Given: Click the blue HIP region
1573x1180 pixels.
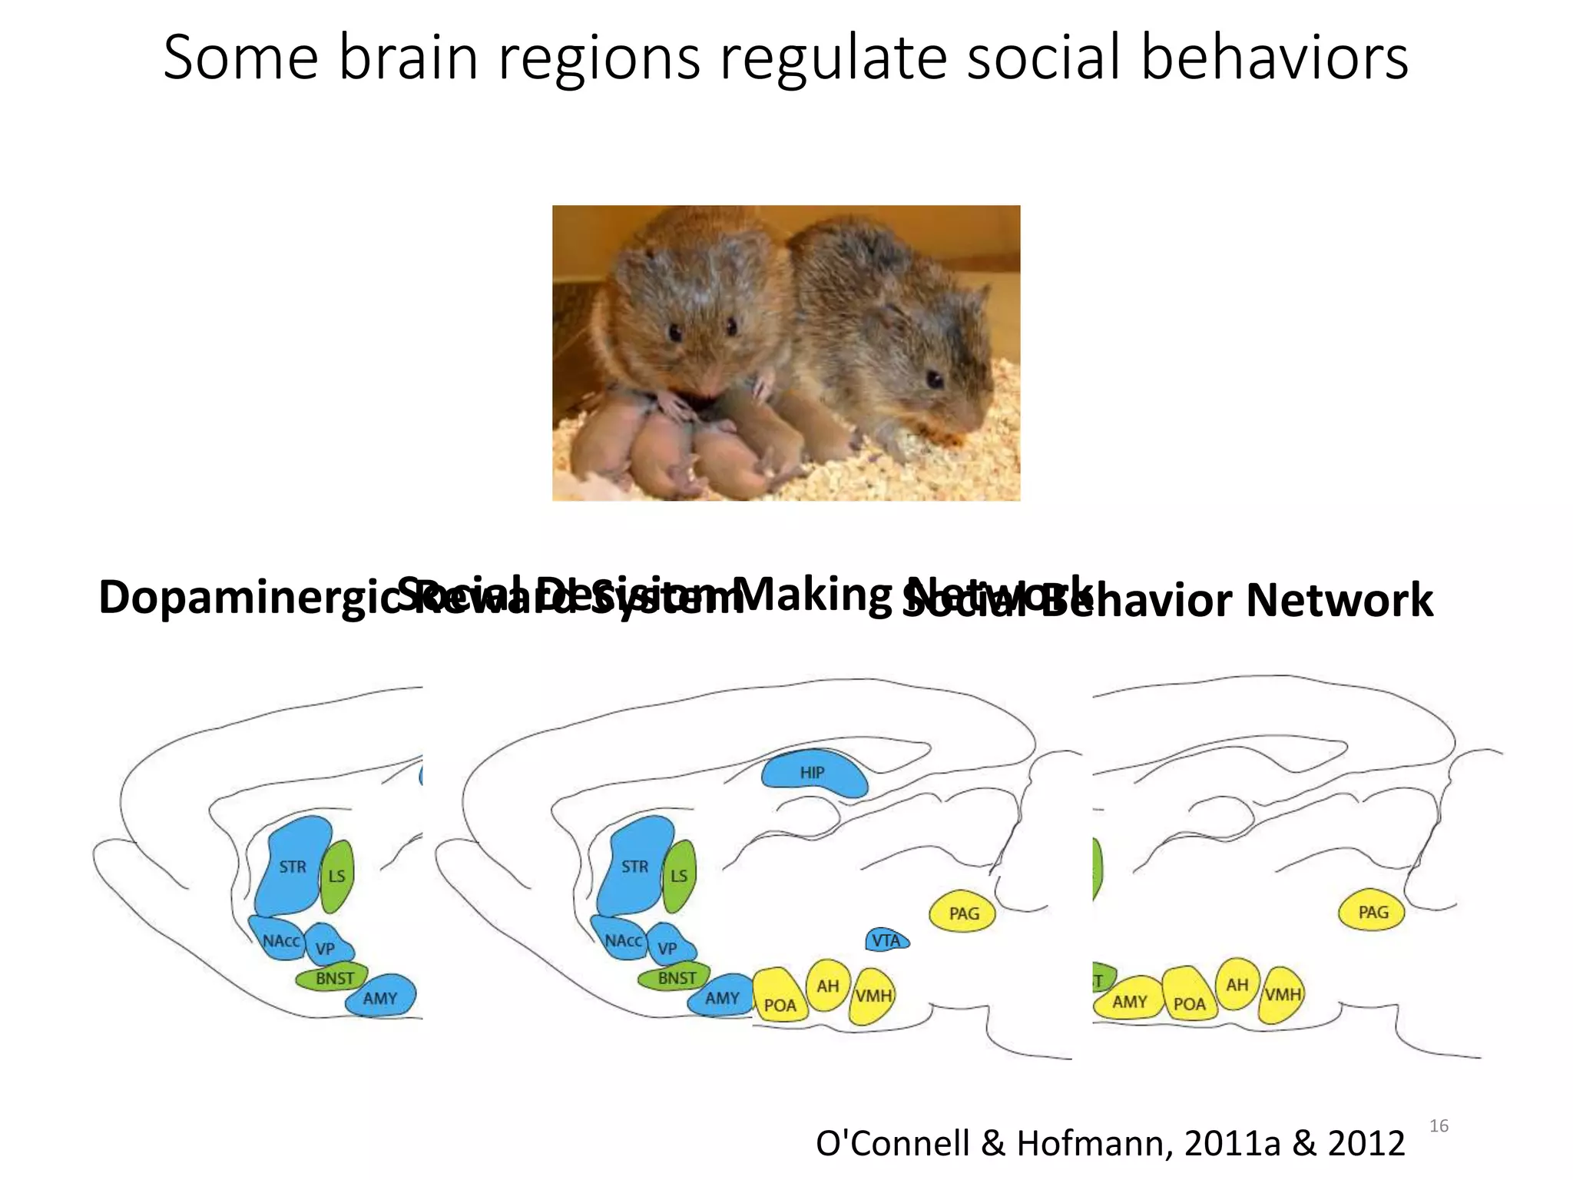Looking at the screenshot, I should pos(813,773).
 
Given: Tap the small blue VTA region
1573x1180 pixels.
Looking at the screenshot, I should pos(886,940).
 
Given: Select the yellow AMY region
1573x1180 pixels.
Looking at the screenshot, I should pos(1129,1000).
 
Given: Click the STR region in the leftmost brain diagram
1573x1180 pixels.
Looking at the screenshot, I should pos(293,867).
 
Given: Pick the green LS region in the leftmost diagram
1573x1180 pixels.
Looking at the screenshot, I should pos(336,876).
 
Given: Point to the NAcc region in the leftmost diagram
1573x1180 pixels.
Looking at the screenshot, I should pos(280,940).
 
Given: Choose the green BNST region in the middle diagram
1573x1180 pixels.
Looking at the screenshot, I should pos(676,978).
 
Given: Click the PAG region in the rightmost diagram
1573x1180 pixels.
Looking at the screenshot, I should pos(1373,912).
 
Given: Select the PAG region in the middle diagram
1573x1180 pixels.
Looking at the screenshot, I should pos(963,913).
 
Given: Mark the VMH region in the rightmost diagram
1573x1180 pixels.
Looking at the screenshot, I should pos(1283,995).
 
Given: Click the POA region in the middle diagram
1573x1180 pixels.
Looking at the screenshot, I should pos(780,1003).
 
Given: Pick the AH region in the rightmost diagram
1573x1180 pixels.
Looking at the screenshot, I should pos(1237,984).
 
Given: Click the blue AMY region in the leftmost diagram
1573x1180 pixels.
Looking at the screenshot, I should pos(380,997).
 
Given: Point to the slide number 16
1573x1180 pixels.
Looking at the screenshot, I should pos(1439,1126).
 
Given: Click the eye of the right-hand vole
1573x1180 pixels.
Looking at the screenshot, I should pos(933,379).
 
